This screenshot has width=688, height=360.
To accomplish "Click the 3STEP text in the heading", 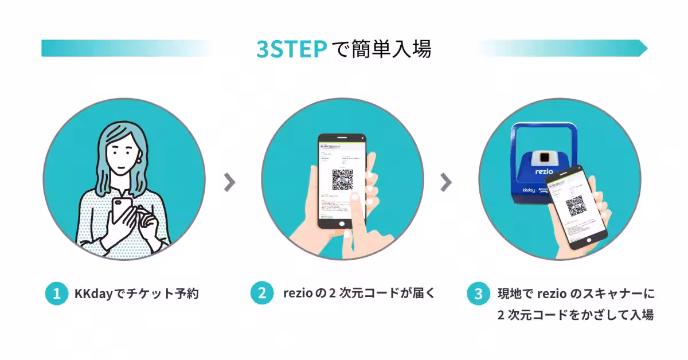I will pos(291,49).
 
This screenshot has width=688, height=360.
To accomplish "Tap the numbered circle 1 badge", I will pos(57,294).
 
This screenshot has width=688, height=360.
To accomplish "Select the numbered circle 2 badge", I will pos(262,294).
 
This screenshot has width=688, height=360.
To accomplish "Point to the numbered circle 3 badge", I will pos(479,295).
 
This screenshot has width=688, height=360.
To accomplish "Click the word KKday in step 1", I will pos(92,295).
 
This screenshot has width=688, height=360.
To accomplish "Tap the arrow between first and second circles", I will pos(229,182).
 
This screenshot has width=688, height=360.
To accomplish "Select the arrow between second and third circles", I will pos(446,182).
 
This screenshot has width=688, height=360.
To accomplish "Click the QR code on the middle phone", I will pos(342,179).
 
